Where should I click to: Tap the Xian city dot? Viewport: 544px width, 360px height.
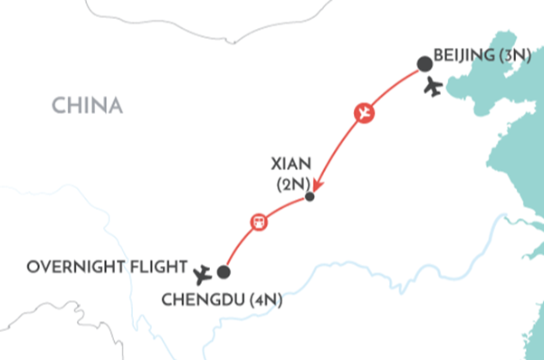310,196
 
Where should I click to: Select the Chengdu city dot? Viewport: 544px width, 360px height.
224,271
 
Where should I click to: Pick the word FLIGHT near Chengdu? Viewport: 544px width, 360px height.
157,267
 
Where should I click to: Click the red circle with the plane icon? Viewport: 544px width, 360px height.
363,114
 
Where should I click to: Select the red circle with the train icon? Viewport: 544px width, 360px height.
258,222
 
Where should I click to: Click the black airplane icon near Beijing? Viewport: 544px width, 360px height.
434,88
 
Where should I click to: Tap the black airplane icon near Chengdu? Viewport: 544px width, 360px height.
205,270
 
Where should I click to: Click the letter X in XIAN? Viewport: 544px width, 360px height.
275,165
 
